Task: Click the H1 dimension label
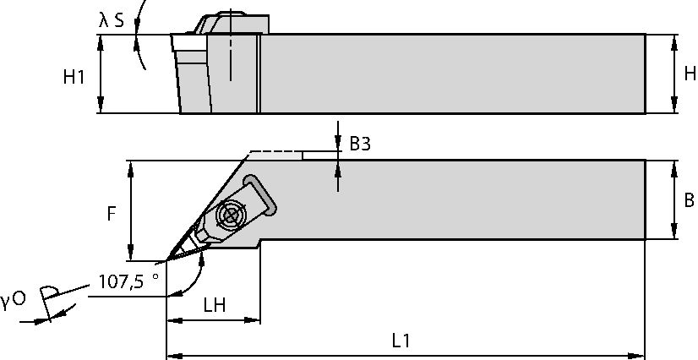pos(74,77)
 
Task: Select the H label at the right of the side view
pos(689,74)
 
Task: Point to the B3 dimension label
pos(360,144)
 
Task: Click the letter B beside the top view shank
pos(689,200)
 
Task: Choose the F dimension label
pos(111,214)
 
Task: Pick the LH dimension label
pos(213,304)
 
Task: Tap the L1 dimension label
pos(401,341)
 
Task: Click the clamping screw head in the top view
pos(228,215)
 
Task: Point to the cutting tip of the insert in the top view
pos(168,259)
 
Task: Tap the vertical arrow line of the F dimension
pos(131,211)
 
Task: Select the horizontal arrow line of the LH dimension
pos(213,320)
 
